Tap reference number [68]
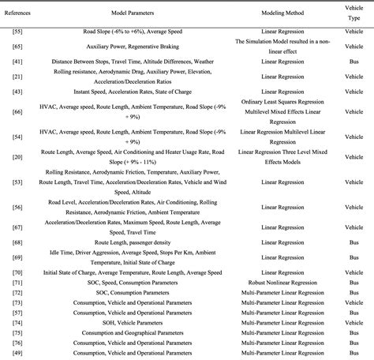(x=17, y=242)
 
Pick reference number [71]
(x=17, y=281)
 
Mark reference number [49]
(x=17, y=353)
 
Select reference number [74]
(x=17, y=322)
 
